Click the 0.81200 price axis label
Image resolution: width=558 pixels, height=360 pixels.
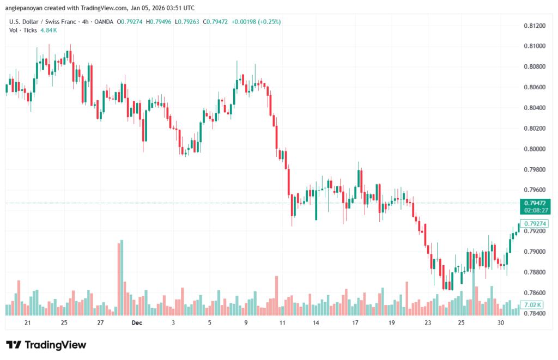tap(535, 26)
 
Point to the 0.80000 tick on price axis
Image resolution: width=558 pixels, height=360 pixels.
tap(535, 149)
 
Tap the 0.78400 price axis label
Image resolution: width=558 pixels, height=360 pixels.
tap(535, 313)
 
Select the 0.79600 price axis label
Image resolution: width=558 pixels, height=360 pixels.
tap(535, 190)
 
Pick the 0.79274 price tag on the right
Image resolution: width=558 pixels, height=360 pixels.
tap(536, 223)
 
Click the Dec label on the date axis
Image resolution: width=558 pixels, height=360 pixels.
tap(137, 323)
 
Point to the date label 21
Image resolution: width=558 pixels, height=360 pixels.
tap(28, 323)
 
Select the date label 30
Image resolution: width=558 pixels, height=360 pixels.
tap(501, 323)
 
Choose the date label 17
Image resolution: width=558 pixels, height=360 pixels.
tap(355, 323)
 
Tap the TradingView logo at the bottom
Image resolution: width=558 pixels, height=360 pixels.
tap(46, 345)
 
